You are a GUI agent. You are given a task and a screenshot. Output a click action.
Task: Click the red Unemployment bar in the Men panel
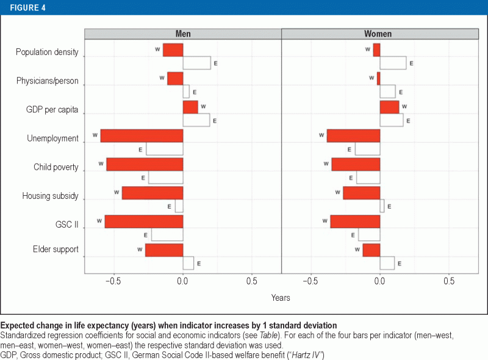[142, 135]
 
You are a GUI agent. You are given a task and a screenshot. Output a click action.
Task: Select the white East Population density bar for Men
[196, 63]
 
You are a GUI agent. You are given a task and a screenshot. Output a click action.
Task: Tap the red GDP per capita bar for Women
[389, 107]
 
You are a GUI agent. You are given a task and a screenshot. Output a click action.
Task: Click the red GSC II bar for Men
[144, 221]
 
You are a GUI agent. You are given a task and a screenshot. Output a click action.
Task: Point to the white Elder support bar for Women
[387, 263]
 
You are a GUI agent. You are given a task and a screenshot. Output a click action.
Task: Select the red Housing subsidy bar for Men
[152, 193]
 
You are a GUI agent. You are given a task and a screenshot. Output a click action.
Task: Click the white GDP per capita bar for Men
[196, 120]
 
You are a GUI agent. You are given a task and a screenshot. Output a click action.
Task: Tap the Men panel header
[182, 34]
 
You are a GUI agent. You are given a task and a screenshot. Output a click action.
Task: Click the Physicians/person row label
[47, 81]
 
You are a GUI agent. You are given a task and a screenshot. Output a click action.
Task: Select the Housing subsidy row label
[50, 196]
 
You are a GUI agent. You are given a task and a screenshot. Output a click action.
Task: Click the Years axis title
[281, 298]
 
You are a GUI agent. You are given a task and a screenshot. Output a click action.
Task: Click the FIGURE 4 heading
[27, 7]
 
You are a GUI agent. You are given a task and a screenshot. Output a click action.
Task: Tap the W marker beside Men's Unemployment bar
[95, 135]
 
